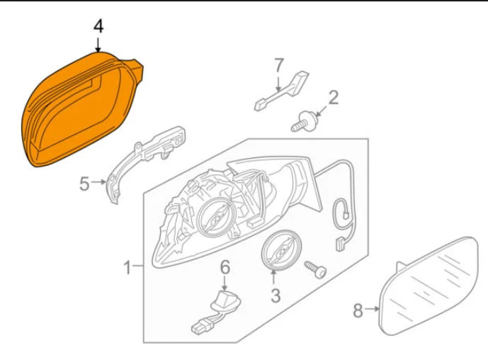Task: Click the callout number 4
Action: (x=98, y=27)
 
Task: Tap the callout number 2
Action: (x=333, y=97)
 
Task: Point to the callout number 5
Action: (x=84, y=184)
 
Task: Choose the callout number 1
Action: (x=128, y=268)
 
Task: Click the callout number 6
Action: (x=225, y=267)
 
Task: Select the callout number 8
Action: (x=358, y=310)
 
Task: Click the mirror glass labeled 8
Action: (x=432, y=287)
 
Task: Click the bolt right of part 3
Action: (x=314, y=269)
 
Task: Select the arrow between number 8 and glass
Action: (x=373, y=310)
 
